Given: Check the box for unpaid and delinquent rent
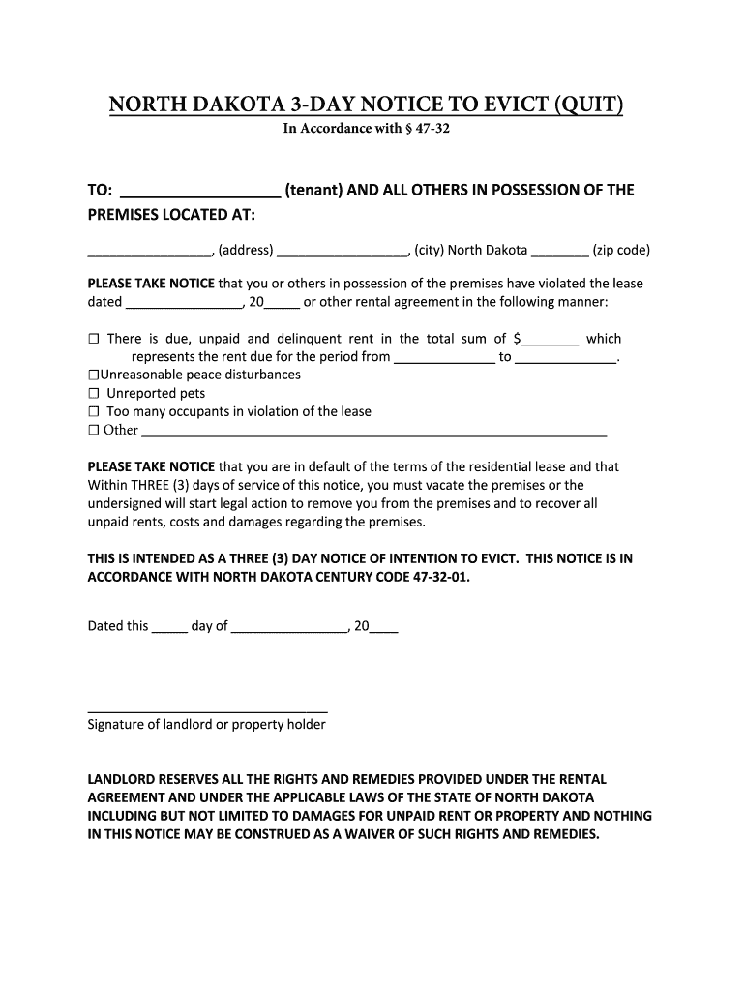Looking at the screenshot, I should pyautogui.click(x=94, y=339).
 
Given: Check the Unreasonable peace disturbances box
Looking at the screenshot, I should pyautogui.click(x=93, y=375).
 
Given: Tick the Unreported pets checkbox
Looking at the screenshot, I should pyautogui.click(x=94, y=393).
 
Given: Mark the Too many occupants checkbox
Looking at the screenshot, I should pyautogui.click(x=94, y=411).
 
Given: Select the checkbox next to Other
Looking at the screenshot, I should pyautogui.click(x=94, y=430).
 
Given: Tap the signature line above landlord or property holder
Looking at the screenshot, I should pyautogui.click(x=207, y=709).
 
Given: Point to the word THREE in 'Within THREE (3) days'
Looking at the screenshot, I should pyautogui.click(x=155, y=485).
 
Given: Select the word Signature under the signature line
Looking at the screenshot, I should pyautogui.click(x=120, y=724).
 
